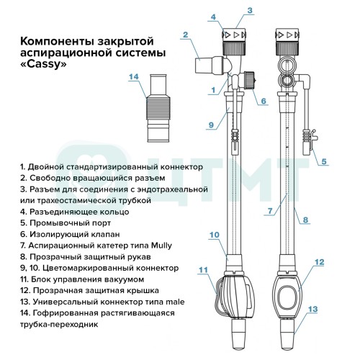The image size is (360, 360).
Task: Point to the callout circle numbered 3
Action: [248, 11]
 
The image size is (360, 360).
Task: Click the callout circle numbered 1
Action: [213, 90]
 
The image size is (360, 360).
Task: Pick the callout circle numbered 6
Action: [264, 101]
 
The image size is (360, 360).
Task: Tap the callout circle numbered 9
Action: [211, 125]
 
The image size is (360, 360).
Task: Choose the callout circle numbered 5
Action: [323, 162]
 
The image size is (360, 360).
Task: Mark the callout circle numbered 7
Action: [270, 211]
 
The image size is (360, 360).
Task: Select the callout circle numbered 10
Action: [214, 235]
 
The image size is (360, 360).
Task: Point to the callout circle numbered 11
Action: [204, 270]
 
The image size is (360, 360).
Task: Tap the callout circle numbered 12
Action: [320, 263]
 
